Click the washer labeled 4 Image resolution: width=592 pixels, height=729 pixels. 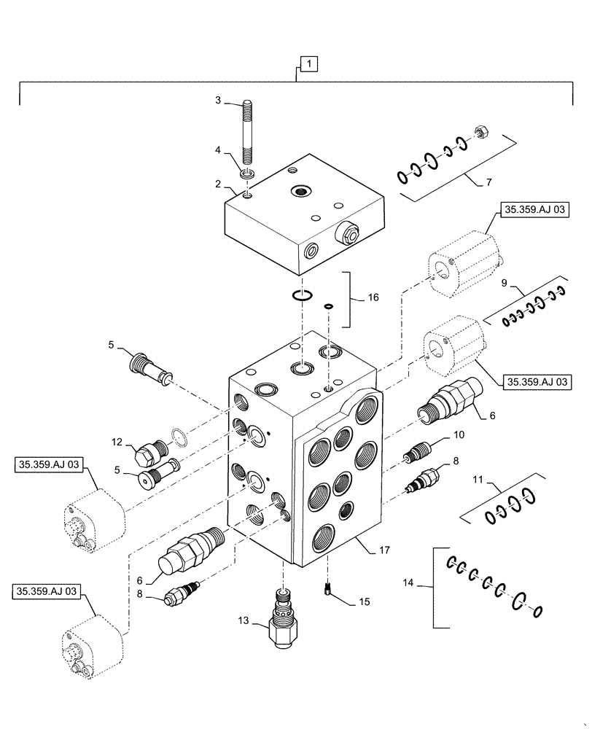coord(247,174)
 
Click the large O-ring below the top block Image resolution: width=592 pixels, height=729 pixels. coord(302,295)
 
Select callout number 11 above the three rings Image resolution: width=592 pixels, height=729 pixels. coord(499,481)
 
